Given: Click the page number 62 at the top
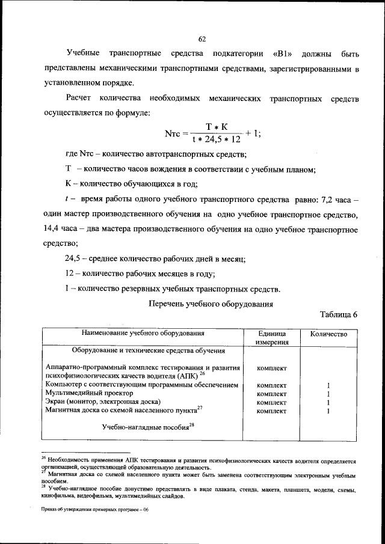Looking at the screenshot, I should (x=202, y=39).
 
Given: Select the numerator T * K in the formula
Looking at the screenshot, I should (x=215, y=126).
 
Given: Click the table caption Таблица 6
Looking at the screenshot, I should (x=339, y=315).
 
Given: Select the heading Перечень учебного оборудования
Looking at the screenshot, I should (x=211, y=303).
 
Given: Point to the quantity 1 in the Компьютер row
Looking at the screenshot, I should (x=328, y=385).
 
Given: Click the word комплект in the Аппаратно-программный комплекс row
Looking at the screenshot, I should (x=271, y=368).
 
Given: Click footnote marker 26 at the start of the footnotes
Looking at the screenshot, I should (x=44, y=457).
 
